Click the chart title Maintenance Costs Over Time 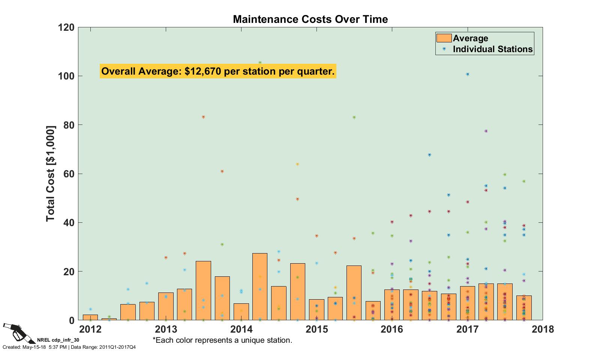coord(310,19)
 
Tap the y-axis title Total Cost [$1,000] coord(50,173)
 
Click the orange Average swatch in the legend coord(444,38)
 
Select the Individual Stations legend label coord(492,49)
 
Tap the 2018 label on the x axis coord(543,330)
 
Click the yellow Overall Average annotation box coord(218,71)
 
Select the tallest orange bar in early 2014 coord(260,287)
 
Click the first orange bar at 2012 coord(90,317)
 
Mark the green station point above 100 coord(260,63)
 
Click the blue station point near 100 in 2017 coord(467,74)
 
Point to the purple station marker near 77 coord(486,131)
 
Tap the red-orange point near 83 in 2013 coord(203,117)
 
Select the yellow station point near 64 coord(297,164)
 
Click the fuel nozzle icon coord(17,331)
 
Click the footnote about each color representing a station coord(222,340)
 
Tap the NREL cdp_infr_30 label coord(58,340)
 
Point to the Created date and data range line coord(69,347)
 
